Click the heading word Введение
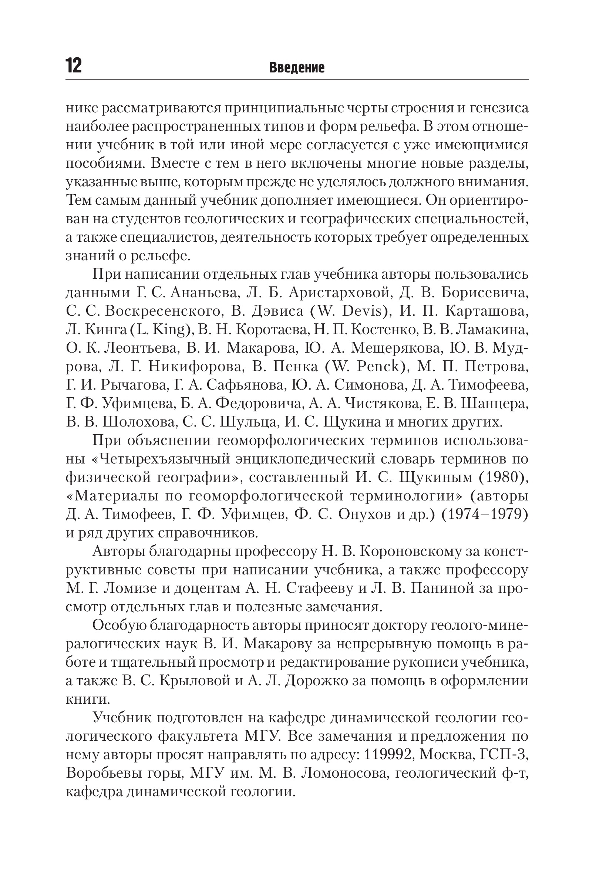(x=297, y=68)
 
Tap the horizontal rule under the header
(x=297, y=79)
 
